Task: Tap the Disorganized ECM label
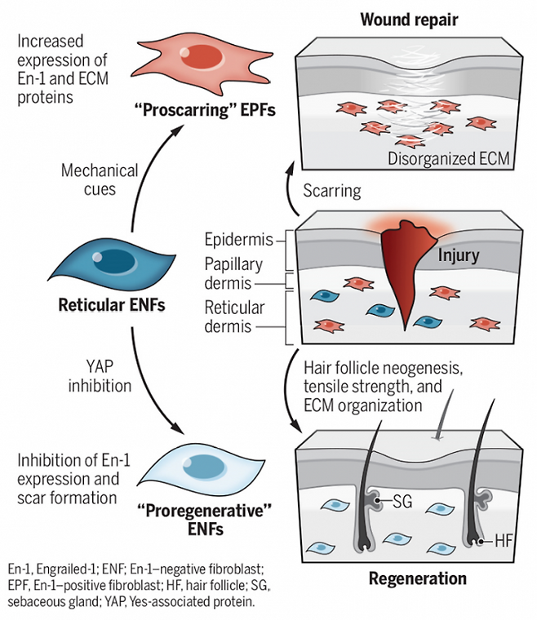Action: [447, 159]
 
